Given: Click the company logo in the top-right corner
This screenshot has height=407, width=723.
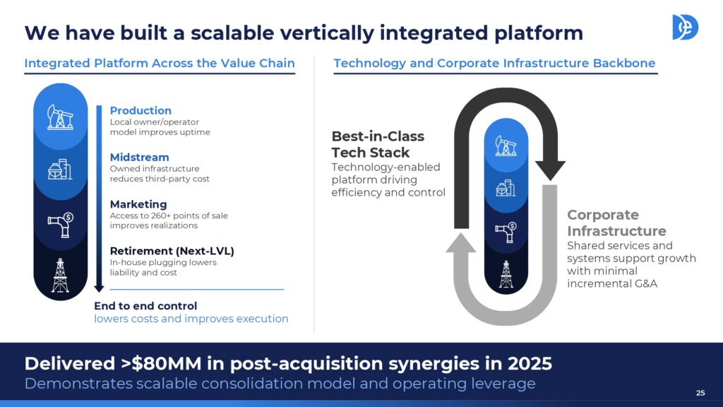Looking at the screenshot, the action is pos(685,28).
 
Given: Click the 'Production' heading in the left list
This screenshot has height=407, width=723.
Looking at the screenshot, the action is pos(141,111).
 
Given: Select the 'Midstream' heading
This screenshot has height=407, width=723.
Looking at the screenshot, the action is pos(139,158).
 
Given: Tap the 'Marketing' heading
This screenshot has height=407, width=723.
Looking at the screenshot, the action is pos(138,204).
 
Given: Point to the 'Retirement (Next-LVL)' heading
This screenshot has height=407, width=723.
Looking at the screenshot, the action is pos(172,251).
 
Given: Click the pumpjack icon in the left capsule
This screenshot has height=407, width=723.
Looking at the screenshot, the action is pos(60,117).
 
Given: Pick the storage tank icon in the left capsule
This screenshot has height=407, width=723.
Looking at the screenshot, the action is pos(60,170).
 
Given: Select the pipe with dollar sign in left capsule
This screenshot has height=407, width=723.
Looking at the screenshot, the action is pos(61,225).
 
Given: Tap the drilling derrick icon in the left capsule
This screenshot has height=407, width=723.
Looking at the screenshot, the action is pos(61,276).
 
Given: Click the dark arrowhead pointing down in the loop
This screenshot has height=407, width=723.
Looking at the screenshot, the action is pos(550,170).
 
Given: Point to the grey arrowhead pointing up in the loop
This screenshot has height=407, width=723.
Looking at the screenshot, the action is pos(460,243).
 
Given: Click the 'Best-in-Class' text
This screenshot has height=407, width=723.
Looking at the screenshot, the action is pos(378,136).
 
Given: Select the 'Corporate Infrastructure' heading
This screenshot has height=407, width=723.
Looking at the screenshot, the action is pos(616,223).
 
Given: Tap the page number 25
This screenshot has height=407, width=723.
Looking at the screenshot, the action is pos(700,393).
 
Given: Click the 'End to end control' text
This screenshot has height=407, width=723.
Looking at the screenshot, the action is pos(145,306).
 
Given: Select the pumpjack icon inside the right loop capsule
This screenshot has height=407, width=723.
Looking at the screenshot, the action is pos(506,146).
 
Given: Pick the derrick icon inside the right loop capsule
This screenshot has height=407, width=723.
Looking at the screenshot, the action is pos(506,274).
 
